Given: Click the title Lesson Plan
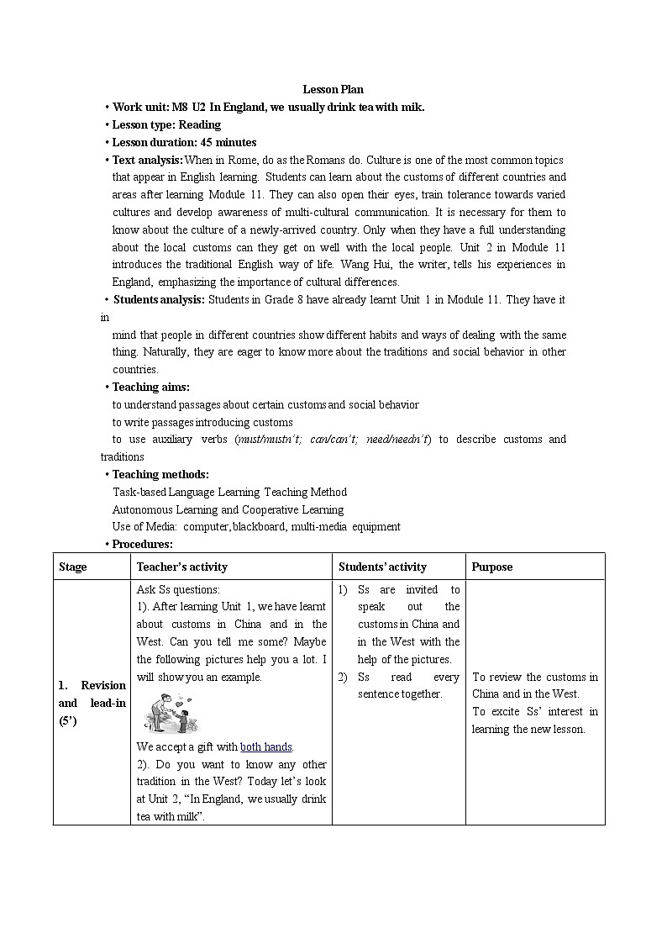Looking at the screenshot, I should click(333, 89).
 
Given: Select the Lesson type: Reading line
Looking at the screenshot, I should click(166, 124).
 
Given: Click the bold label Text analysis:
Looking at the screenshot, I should click(148, 160).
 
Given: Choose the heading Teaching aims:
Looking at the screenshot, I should click(151, 387).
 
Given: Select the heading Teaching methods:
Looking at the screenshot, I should click(160, 474).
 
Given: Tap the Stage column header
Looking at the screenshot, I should click(73, 567).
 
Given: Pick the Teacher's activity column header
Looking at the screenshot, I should click(182, 567).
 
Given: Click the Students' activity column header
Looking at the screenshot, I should click(382, 567).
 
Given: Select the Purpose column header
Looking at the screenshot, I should click(492, 567).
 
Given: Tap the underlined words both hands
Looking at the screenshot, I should click(266, 746).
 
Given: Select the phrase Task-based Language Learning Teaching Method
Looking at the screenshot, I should click(229, 492).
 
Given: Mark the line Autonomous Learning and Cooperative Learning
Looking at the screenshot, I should click(228, 509).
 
